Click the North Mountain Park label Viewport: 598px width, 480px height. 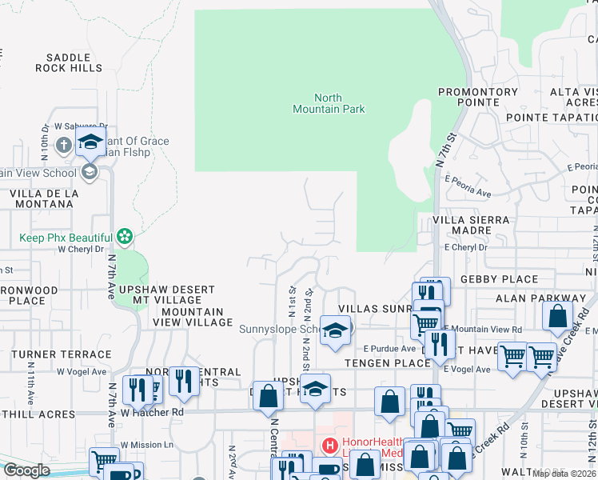click(x=328, y=103)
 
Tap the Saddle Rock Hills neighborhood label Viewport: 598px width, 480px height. click(x=69, y=62)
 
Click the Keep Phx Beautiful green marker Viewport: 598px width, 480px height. click(x=124, y=236)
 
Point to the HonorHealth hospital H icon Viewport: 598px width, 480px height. click(x=328, y=445)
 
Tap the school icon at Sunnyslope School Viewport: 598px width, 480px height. click(x=336, y=330)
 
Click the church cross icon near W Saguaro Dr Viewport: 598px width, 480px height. click(x=64, y=145)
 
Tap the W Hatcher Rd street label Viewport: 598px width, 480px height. click(x=153, y=412)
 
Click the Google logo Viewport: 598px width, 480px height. click(x=26, y=470)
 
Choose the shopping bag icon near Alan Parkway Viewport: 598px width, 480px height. click(x=557, y=316)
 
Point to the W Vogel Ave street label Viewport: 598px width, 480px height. click(x=80, y=371)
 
